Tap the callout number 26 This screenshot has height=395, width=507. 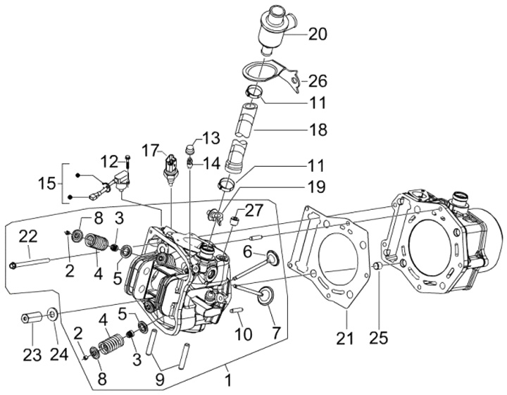317,81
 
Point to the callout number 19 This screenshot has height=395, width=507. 316,187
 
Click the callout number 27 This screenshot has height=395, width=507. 253,209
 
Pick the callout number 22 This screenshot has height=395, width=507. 27,235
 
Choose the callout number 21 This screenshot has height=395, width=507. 344,338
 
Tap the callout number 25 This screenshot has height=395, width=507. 379,339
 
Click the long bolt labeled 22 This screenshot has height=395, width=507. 32,264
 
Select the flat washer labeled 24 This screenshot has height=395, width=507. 54,313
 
